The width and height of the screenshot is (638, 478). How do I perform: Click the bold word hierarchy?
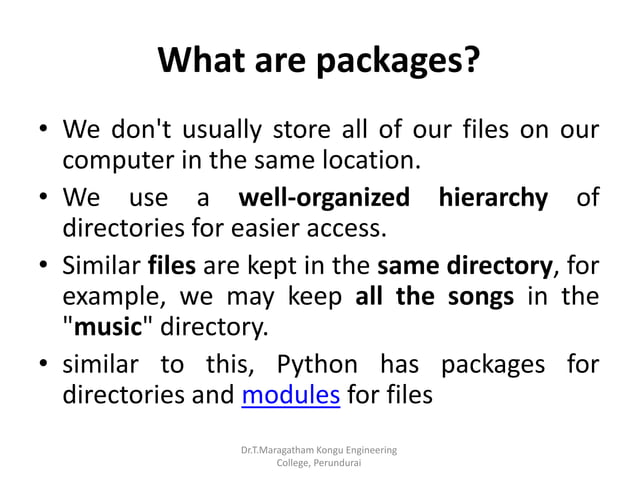[x=492, y=197]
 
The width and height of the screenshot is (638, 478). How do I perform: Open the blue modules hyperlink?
[x=291, y=395]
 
